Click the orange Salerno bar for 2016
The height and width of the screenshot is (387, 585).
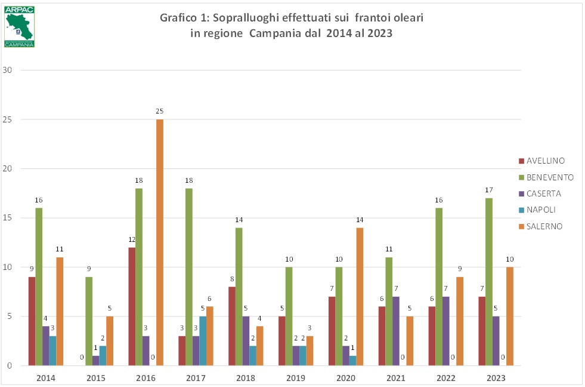click(160, 242)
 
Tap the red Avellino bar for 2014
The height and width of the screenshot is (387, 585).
click(32, 321)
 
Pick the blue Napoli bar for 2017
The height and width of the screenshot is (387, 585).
click(203, 340)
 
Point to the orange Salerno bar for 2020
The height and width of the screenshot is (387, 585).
click(360, 296)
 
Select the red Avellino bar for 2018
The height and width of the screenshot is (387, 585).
click(232, 325)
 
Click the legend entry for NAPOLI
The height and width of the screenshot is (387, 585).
click(541, 210)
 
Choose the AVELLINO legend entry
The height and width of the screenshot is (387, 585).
click(544, 161)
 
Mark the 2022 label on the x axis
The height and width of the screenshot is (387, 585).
click(446, 378)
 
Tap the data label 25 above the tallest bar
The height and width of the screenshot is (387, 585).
click(160, 111)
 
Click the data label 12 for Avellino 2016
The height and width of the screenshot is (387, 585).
click(132, 239)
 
